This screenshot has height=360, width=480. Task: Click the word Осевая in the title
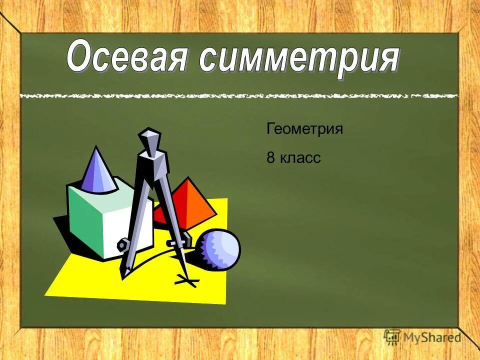127,58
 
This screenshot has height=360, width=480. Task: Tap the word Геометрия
304,129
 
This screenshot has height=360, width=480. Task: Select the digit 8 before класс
270,158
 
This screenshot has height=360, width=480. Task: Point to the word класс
299,158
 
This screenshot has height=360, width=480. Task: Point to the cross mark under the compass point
186,282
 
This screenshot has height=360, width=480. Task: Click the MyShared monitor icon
392,336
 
